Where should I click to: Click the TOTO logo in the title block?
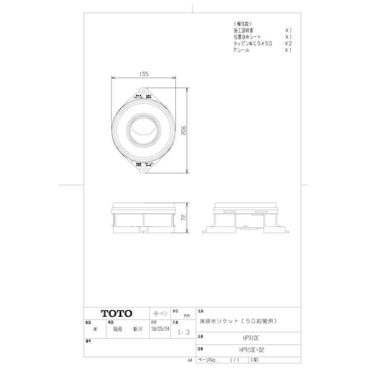117,313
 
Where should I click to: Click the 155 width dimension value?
143,74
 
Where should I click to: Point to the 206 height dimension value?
184,130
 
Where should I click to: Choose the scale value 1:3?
181,333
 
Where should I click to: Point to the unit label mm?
187,316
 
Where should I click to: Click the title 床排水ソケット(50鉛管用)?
238,321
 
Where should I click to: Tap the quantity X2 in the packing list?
288,43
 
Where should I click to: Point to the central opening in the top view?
143,130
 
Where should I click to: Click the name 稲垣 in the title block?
117,329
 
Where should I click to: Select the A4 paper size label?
190,360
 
